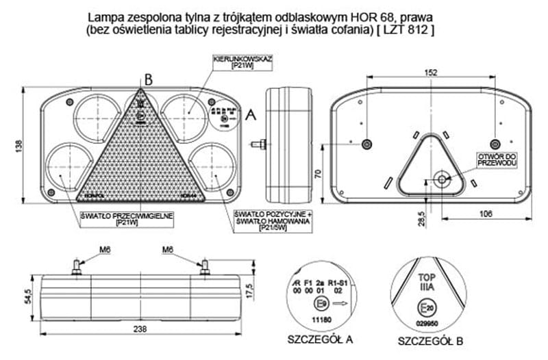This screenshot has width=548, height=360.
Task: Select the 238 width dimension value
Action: (x=140, y=329)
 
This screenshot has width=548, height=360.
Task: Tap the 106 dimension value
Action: (x=484, y=214)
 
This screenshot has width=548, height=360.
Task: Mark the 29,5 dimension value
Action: (x=422, y=218)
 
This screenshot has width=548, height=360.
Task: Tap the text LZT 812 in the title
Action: (x=408, y=31)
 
